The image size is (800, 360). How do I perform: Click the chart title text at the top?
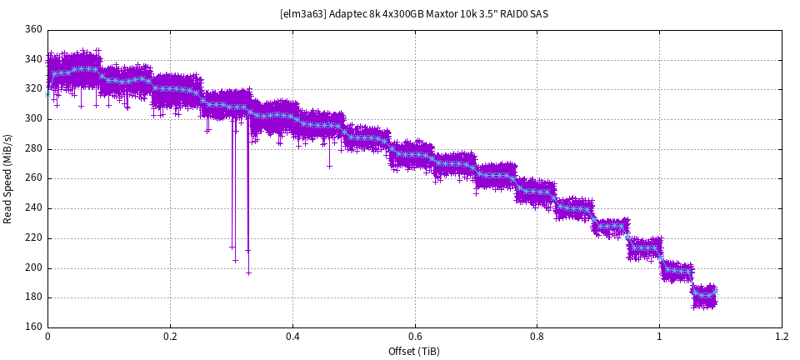pos(413,14)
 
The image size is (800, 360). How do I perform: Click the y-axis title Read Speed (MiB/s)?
pos(8,178)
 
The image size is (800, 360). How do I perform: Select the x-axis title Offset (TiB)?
pos(413,351)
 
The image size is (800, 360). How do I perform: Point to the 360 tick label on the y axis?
pos(33,30)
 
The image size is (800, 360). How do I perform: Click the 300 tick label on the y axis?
pos(33,119)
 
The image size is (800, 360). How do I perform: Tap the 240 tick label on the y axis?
pos(33,208)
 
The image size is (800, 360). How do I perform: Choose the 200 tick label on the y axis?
pos(33,267)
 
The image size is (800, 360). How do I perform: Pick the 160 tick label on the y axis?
pos(33,327)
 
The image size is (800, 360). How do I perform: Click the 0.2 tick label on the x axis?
pos(170,337)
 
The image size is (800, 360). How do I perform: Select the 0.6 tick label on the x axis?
pos(414,337)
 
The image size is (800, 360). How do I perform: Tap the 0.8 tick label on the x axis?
pos(537,337)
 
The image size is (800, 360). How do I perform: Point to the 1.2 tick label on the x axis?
pos(781,337)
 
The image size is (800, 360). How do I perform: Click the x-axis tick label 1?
pos(659,337)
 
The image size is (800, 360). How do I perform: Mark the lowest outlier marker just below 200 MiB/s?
pos(248,272)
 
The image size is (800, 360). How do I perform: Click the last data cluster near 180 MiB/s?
pos(704,296)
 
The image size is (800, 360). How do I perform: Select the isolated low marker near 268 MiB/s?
pos(329,166)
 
